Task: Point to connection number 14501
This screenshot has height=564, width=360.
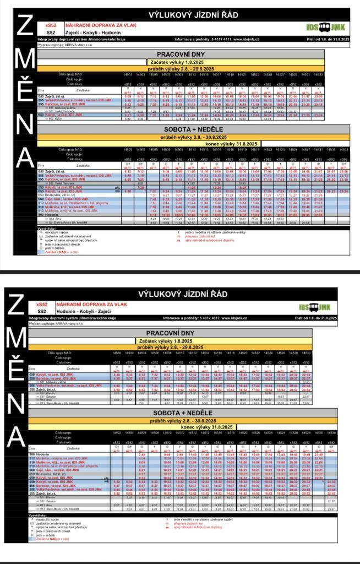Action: [x=128, y=74]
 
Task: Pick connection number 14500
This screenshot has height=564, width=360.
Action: [x=117, y=352]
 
